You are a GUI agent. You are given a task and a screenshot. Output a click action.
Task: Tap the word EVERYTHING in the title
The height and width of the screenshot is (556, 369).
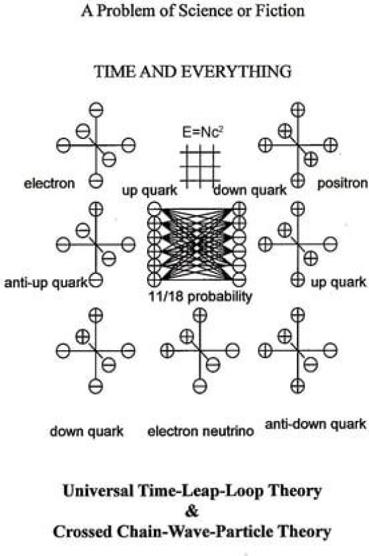(237, 71)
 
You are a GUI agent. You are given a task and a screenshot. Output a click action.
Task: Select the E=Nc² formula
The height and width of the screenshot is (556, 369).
(203, 132)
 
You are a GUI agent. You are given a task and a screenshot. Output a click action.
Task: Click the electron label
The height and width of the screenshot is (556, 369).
(49, 184)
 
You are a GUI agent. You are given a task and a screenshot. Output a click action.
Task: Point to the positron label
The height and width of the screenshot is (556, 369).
(343, 184)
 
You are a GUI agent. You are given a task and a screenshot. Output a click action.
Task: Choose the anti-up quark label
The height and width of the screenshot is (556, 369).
(46, 283)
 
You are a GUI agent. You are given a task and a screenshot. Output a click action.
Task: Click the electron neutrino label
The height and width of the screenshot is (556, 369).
(201, 432)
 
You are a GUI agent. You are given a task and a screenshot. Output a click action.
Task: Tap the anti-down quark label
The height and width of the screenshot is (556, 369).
(315, 424)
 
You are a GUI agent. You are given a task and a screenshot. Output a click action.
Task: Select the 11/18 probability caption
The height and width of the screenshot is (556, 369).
(201, 297)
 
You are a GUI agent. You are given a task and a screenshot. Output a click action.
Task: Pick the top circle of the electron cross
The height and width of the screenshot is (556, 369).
(96, 110)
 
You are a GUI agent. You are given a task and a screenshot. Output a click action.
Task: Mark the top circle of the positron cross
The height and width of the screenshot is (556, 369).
(297, 110)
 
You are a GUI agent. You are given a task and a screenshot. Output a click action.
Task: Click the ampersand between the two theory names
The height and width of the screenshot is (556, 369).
(192, 511)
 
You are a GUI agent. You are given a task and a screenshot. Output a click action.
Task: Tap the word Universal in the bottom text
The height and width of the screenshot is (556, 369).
(98, 490)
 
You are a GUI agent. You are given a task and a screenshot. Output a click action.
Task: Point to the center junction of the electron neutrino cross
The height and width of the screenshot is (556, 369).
(200, 351)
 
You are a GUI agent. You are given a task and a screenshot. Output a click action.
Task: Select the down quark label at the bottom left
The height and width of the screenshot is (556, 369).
(87, 432)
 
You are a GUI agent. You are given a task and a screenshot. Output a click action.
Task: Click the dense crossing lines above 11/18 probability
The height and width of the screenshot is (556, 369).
(197, 244)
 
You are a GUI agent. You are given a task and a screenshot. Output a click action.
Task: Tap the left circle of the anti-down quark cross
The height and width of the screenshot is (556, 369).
(266, 351)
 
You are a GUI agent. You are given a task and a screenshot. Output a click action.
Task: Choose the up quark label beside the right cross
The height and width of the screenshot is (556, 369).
(339, 283)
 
